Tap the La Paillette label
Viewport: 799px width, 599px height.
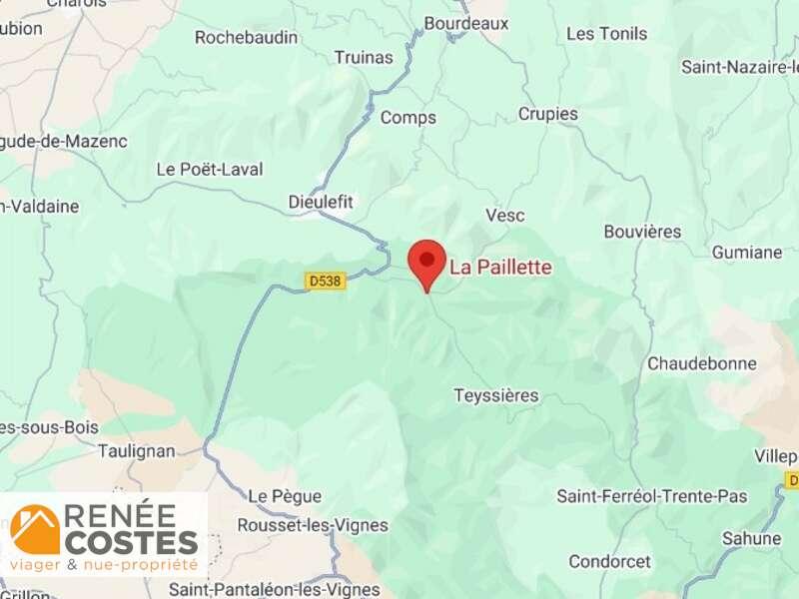(x=500, y=268)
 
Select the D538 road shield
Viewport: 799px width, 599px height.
(x=326, y=282)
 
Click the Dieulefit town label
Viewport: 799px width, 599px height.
(x=321, y=202)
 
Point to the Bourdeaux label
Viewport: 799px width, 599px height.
(x=465, y=23)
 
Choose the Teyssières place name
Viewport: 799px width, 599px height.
(x=495, y=395)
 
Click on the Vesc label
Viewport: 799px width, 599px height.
(x=504, y=216)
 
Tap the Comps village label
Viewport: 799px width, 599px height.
(x=407, y=118)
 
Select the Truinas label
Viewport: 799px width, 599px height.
(x=364, y=57)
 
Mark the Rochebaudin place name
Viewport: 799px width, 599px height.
(x=246, y=38)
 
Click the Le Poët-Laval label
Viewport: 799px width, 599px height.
(x=210, y=169)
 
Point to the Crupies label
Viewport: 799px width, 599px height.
(x=547, y=114)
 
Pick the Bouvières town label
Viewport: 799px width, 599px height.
(x=642, y=232)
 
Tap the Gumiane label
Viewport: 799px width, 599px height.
(x=747, y=253)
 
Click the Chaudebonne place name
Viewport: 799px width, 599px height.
(x=702, y=363)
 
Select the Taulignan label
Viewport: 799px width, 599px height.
(x=137, y=451)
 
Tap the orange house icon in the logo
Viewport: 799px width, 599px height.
(x=35, y=530)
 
